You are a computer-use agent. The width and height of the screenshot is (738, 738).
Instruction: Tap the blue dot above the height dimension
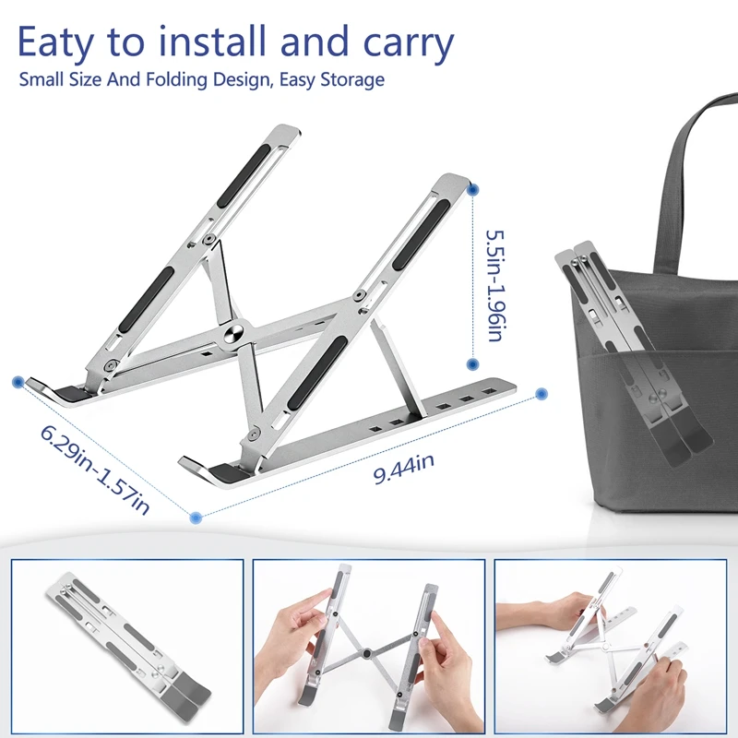tap(473, 189)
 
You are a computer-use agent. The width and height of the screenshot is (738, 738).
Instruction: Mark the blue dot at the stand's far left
tap(18, 380)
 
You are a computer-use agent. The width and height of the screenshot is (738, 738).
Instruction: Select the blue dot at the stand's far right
tap(542, 393)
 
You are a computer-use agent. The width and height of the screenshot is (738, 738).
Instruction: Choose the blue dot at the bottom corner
tap(196, 518)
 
